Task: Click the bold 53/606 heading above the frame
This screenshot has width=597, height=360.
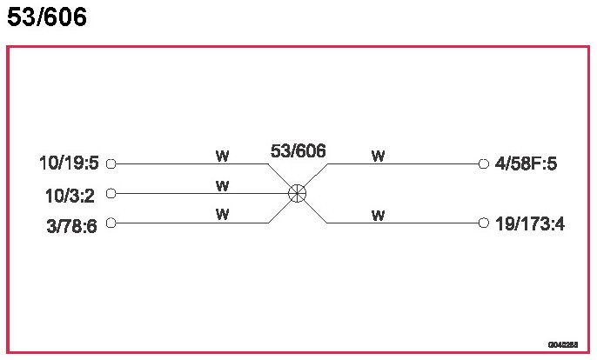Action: (47, 17)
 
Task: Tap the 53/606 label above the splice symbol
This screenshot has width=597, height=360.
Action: (298, 151)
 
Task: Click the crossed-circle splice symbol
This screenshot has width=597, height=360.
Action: (298, 193)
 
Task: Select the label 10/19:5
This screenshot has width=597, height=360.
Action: (70, 163)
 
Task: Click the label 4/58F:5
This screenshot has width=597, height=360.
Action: (525, 163)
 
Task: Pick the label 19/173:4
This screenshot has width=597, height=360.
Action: (530, 223)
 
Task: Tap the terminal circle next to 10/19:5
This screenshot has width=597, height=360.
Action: (111, 163)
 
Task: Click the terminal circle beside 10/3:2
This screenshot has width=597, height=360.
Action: (111, 193)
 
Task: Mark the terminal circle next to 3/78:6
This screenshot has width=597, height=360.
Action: (111, 223)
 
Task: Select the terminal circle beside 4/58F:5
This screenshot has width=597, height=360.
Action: (484, 163)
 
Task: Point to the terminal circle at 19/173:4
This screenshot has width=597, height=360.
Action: (484, 223)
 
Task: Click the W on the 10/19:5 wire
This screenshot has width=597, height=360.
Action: (223, 156)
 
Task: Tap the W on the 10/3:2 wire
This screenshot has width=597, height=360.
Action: (223, 185)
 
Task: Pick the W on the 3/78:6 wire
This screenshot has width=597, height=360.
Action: (223, 215)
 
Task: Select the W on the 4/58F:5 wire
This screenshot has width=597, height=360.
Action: (378, 156)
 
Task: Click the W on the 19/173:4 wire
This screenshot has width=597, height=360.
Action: (378, 215)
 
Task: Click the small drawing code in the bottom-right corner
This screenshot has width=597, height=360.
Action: (562, 345)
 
